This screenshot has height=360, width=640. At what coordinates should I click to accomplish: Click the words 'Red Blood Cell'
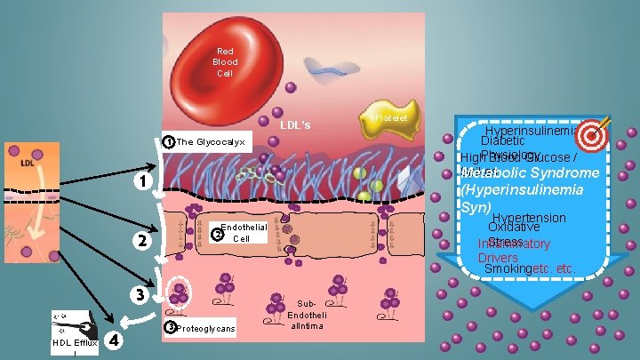[226, 62]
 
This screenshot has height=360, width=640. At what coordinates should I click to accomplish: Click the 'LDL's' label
[294, 125]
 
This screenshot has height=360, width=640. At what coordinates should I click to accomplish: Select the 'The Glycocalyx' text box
[211, 142]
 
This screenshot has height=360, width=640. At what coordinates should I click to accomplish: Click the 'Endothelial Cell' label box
[243, 233]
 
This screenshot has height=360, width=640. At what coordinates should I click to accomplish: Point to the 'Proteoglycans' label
[204, 329]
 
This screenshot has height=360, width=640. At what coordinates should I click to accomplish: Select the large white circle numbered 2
[139, 241]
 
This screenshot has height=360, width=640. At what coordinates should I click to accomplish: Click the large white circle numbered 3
[139, 293]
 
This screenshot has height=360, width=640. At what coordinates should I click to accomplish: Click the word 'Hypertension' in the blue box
[528, 219]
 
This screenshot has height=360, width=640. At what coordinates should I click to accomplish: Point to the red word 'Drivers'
[497, 258]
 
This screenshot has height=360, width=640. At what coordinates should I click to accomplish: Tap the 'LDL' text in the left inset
[28, 163]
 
